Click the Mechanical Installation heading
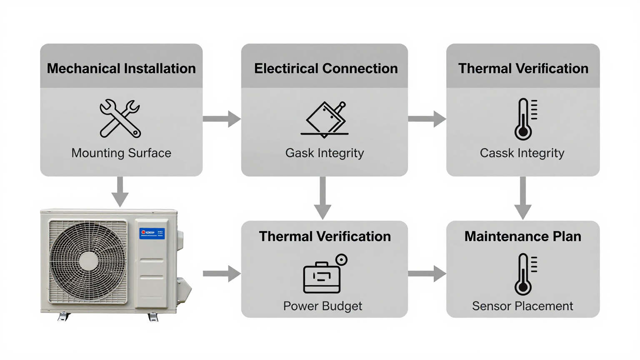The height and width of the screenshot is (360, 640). [x=121, y=68]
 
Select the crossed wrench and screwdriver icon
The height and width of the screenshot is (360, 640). [x=120, y=118]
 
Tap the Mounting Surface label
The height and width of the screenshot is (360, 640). [x=121, y=153]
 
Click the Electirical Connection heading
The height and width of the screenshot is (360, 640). [x=325, y=68]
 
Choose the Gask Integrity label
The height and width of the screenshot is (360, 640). [x=324, y=153]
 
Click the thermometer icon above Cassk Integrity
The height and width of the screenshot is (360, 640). [x=525, y=119]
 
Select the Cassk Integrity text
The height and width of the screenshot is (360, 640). [x=522, y=153]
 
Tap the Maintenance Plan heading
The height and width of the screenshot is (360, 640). [x=522, y=236]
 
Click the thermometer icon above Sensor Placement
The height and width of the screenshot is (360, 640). [x=525, y=274]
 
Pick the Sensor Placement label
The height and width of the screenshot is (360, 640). [x=522, y=306]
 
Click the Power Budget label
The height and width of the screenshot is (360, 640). [x=322, y=306]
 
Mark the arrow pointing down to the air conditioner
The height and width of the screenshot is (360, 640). [x=120, y=192]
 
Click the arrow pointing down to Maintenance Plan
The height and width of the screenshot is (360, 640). [x=522, y=198]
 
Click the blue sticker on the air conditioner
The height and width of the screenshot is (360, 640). [x=152, y=233]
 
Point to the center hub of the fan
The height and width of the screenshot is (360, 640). [x=88, y=262]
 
